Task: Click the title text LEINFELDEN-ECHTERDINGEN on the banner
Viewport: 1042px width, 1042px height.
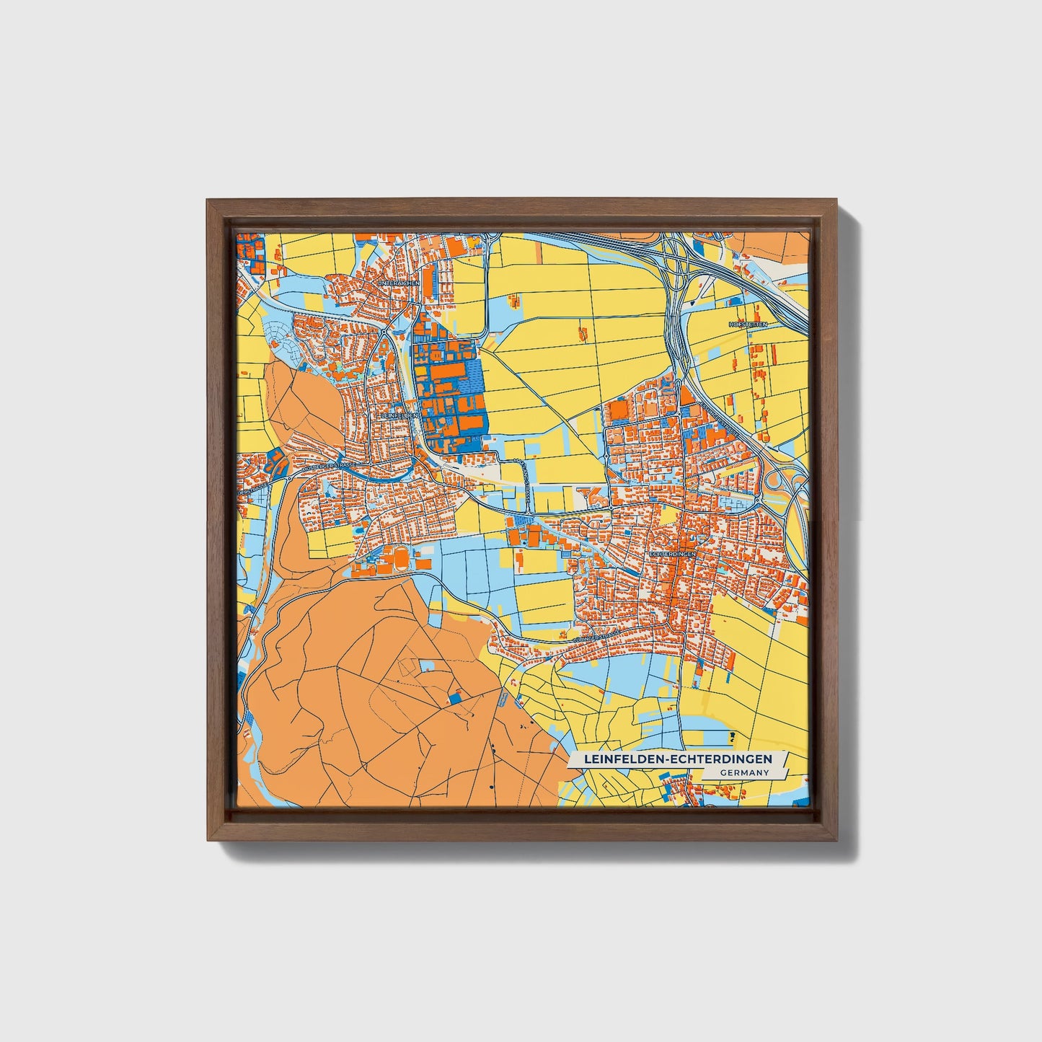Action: (x=678, y=759)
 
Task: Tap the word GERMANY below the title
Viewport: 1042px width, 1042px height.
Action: (x=743, y=772)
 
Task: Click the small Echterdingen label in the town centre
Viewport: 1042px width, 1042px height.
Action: (x=671, y=553)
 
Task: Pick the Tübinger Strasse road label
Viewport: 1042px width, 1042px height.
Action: (x=596, y=637)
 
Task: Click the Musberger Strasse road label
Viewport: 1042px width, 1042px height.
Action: (x=328, y=467)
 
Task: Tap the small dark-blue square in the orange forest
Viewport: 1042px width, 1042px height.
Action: (x=454, y=699)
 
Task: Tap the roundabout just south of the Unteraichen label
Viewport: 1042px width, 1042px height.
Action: (x=389, y=333)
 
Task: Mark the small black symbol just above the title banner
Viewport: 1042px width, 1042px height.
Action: (x=733, y=736)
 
